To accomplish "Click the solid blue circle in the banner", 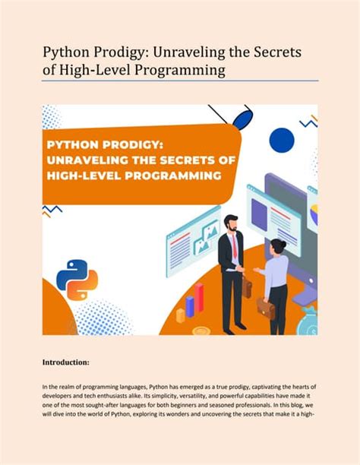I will pyautogui.click(x=282, y=138).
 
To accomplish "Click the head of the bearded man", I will pyautogui.click(x=231, y=223).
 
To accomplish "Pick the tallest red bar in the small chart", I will pyautogui.click(x=200, y=297).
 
